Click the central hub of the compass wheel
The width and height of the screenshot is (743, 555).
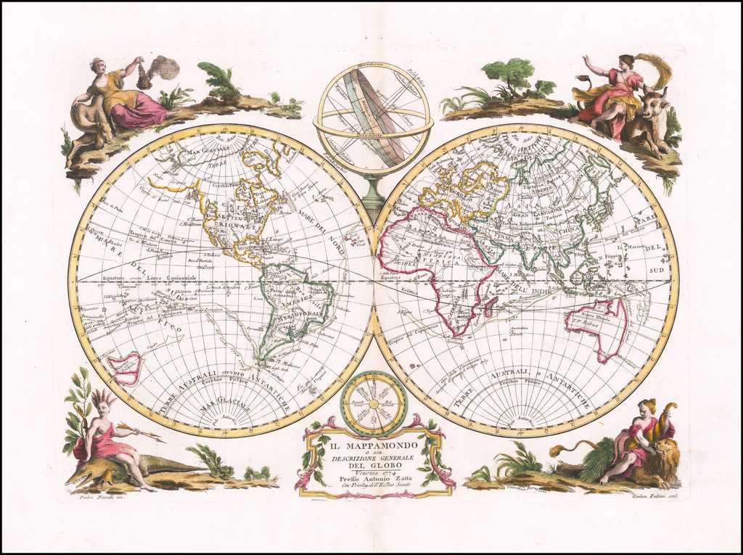pyautogui.click(x=374, y=403)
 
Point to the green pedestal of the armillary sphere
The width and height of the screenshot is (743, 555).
pyautogui.click(x=373, y=194)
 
